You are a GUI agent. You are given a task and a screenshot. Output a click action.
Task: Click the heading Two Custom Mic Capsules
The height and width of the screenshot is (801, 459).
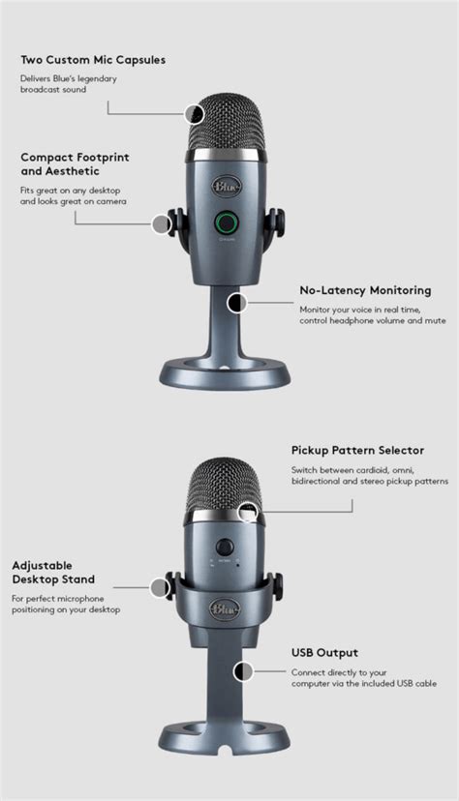(92, 60)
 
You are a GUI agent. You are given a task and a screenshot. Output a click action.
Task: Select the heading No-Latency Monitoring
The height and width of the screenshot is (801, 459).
(364, 290)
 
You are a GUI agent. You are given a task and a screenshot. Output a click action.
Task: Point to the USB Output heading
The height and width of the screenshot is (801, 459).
(324, 652)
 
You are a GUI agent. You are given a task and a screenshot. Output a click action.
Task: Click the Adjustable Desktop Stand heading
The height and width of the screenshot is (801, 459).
(53, 572)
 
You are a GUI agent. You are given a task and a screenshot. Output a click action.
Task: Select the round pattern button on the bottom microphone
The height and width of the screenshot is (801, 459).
(227, 545)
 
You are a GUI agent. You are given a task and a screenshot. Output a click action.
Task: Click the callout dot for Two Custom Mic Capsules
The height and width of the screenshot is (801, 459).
(196, 114)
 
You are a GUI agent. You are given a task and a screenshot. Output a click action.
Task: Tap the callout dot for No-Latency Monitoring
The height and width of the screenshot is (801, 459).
(235, 303)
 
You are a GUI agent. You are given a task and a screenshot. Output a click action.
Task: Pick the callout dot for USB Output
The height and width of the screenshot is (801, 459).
(242, 670)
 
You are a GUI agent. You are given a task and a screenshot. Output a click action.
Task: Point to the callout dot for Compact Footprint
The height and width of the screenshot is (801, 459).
(161, 224)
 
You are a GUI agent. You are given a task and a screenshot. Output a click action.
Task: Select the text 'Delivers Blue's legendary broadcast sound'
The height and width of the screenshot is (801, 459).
(70, 83)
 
